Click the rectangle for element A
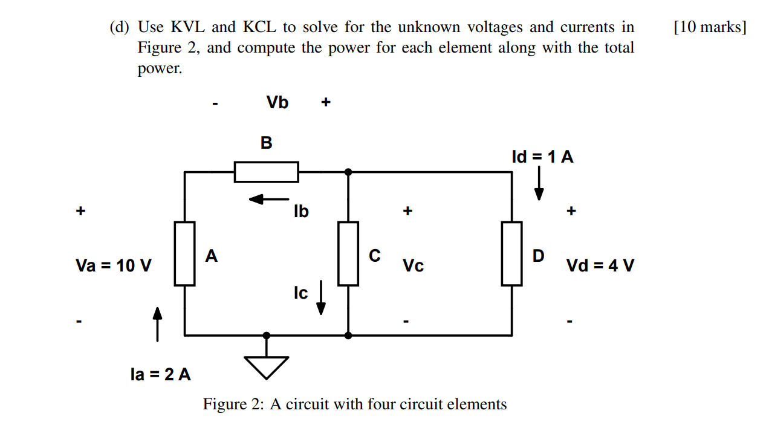[185, 253]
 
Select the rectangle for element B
[266, 172]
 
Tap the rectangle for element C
[348, 253]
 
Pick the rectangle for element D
[511, 253]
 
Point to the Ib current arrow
[269, 199]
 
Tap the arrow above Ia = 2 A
[157, 324]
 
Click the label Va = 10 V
[114, 265]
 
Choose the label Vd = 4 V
[600, 265]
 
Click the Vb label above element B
[277, 103]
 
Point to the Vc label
[413, 266]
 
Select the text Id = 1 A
[542, 157]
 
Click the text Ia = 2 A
[161, 374]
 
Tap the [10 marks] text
[709, 27]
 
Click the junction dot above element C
[348, 172]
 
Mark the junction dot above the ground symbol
[266, 334]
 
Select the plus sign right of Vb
[326, 103]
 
